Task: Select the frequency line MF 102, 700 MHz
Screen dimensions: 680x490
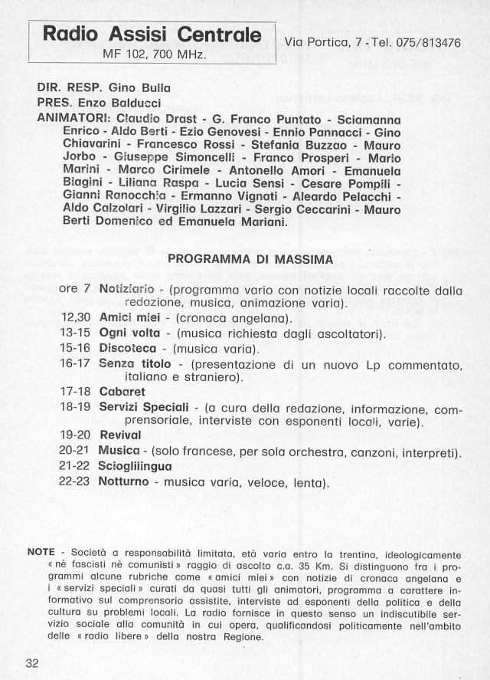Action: [150, 54]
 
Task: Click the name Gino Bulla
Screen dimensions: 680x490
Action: [140, 88]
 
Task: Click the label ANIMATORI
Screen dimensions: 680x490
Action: [73, 119]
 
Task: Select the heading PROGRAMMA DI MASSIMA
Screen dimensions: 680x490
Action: [250, 259]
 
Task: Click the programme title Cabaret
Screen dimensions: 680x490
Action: [123, 391]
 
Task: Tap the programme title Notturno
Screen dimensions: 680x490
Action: [125, 482]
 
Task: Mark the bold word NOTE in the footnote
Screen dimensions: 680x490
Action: [41, 552]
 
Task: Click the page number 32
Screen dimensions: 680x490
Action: [31, 664]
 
